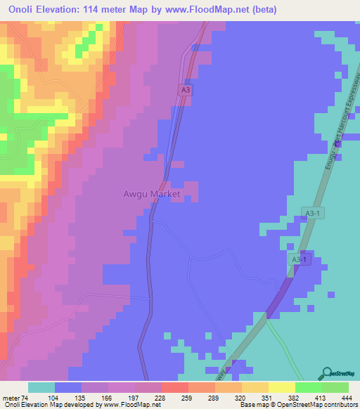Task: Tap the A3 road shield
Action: pos(185,90)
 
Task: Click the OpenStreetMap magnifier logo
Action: pos(328,374)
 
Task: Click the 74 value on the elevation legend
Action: pos(25,398)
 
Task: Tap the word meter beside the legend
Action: pos(11,398)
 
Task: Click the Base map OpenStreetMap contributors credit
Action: pos(299,405)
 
